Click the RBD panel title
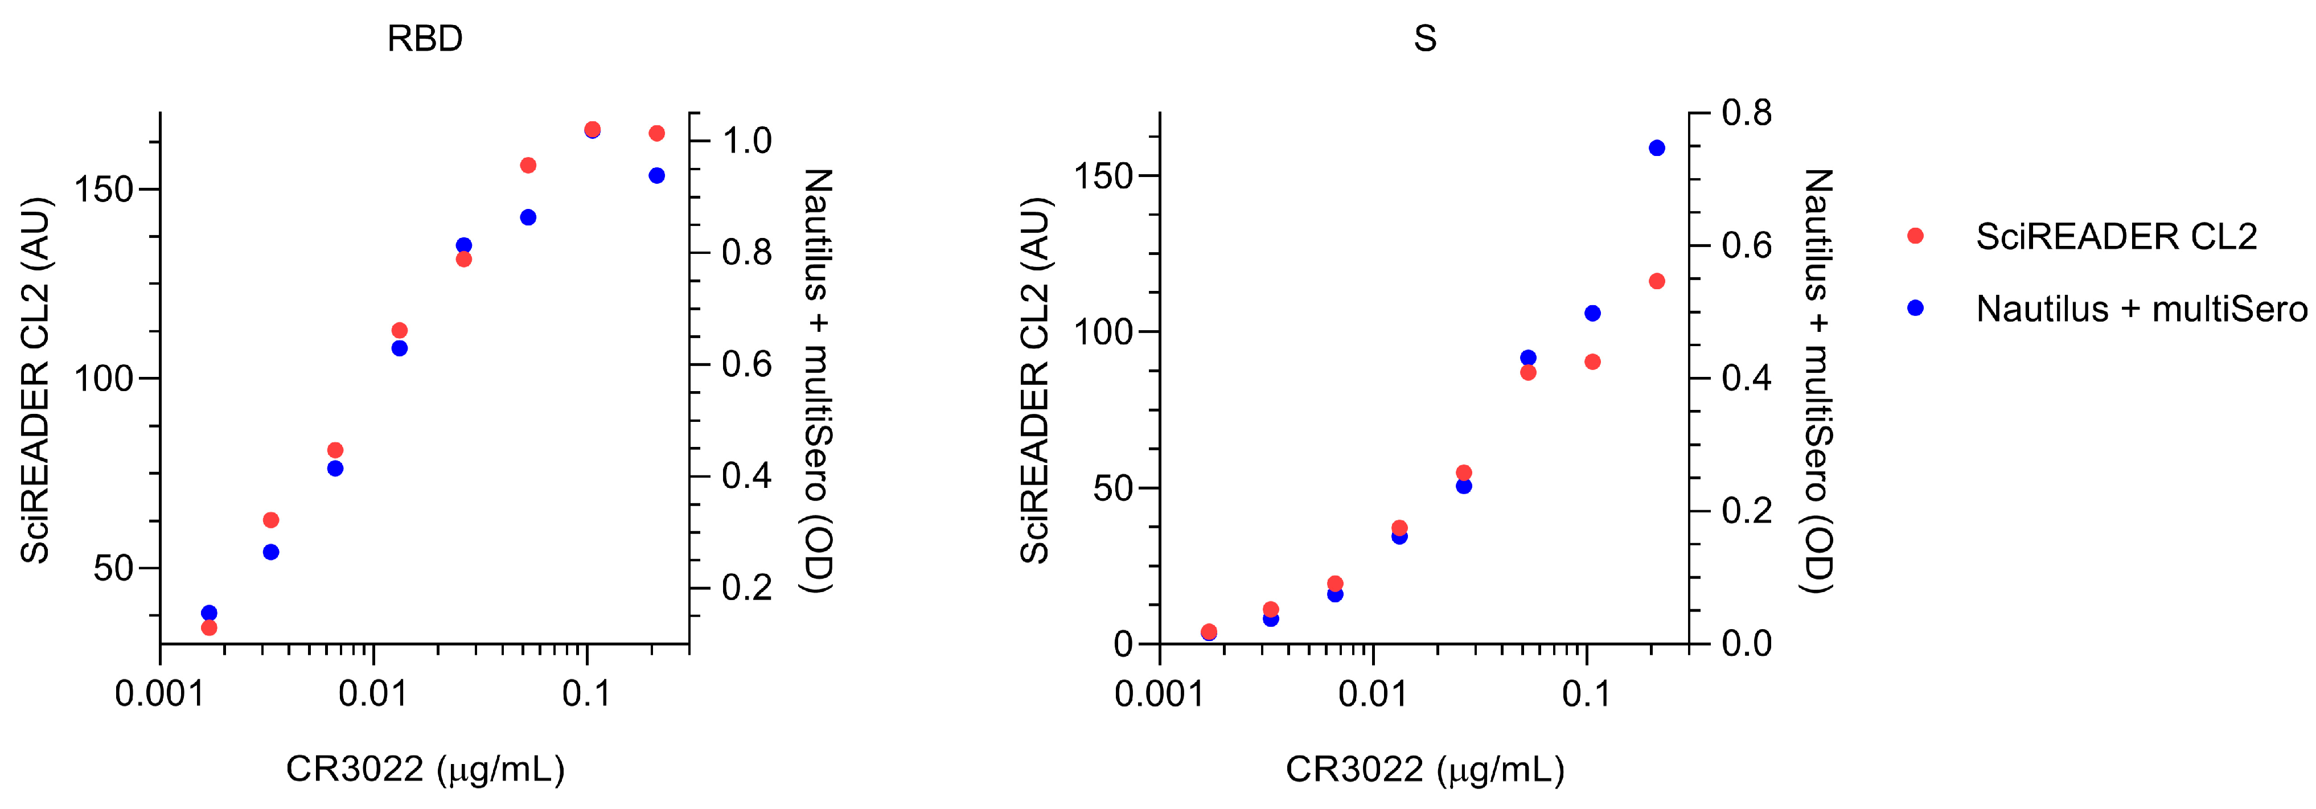tap(424, 39)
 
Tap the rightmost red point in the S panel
tap(1656, 281)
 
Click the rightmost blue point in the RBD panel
tap(656, 176)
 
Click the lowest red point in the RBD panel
tap(208, 627)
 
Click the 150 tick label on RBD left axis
tap(104, 190)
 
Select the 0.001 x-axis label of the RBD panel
tap(159, 694)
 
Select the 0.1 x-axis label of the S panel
tap(1586, 694)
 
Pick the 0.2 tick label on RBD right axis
tap(746, 588)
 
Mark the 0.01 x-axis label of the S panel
tap(1372, 694)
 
